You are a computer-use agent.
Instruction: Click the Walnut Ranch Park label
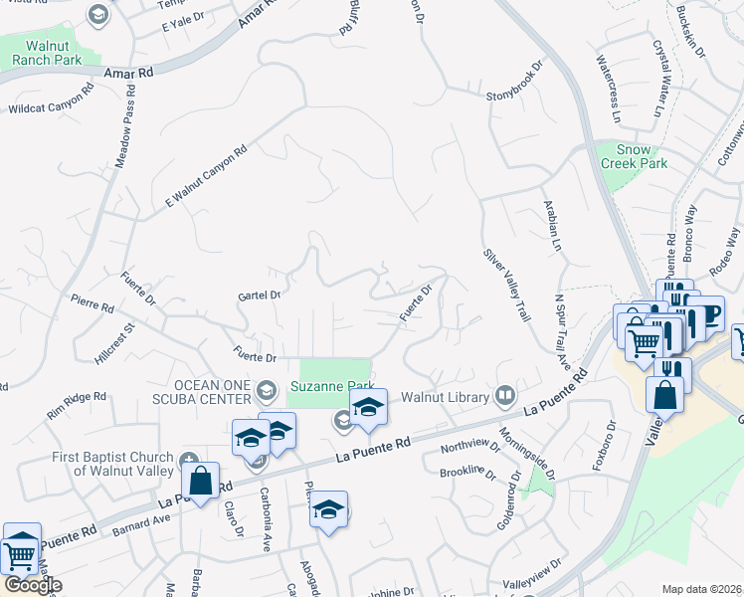click(x=47, y=53)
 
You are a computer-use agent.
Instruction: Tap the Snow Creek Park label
click(x=633, y=156)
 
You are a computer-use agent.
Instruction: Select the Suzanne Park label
click(x=330, y=385)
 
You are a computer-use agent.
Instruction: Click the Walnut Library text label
click(x=447, y=397)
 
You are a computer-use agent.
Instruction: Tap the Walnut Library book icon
click(x=505, y=396)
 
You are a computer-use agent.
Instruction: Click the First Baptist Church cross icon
click(x=191, y=460)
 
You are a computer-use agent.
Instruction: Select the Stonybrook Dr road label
click(x=517, y=83)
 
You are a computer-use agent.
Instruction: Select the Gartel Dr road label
click(x=261, y=295)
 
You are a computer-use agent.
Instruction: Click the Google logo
click(x=32, y=585)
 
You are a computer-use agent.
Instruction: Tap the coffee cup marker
click(x=706, y=313)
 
